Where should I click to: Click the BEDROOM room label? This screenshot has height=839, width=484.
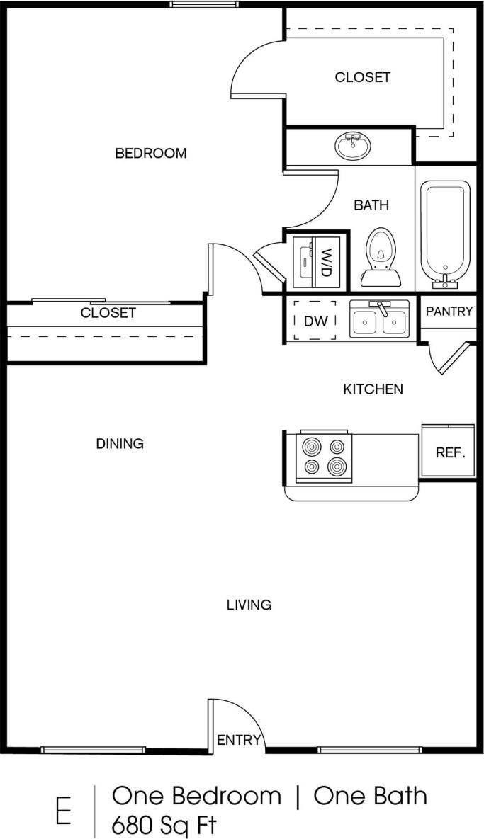151,154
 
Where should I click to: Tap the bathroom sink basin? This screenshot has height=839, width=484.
354,146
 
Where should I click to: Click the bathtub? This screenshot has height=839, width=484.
445,234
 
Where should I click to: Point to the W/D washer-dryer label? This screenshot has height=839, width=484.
325,263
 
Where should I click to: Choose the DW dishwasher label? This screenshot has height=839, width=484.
315,321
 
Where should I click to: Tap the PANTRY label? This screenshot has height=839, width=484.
449,311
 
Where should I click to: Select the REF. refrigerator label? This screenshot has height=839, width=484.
450,452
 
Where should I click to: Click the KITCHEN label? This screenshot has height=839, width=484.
373,389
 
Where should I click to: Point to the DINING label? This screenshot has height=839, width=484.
120,444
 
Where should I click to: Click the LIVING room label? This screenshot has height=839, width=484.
249,605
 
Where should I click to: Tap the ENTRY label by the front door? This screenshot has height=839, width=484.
239,740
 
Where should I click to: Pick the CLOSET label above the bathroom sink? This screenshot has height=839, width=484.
362,77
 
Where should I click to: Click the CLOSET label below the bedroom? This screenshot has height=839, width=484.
108,312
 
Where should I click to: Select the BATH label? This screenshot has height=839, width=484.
371,205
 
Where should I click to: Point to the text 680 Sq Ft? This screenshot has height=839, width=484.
164,825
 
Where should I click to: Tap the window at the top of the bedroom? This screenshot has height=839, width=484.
203,4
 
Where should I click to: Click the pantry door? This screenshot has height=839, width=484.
453,359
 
